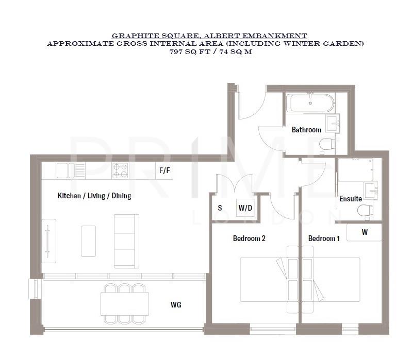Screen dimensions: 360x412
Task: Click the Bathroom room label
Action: coord(306,130)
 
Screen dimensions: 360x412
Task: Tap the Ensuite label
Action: coord(350,199)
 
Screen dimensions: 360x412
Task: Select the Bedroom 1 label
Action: coord(324,238)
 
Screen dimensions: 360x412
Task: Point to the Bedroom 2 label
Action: coord(249,238)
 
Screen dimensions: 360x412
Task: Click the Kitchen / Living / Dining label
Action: coord(94,196)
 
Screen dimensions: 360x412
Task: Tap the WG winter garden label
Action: coord(176,305)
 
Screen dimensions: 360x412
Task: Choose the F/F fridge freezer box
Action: coord(164,170)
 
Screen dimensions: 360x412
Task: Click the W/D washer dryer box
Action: coord(245,209)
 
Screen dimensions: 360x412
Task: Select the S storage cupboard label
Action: coord(220,209)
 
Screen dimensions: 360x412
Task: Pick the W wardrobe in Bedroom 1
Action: coord(364,232)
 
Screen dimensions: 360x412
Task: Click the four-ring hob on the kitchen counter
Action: coord(120,170)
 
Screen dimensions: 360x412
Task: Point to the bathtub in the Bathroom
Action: coord(311,102)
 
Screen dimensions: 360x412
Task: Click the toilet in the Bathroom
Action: coord(325,146)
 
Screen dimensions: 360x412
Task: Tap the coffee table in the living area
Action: coord(88,241)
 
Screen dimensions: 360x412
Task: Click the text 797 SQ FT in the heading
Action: coord(189,53)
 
